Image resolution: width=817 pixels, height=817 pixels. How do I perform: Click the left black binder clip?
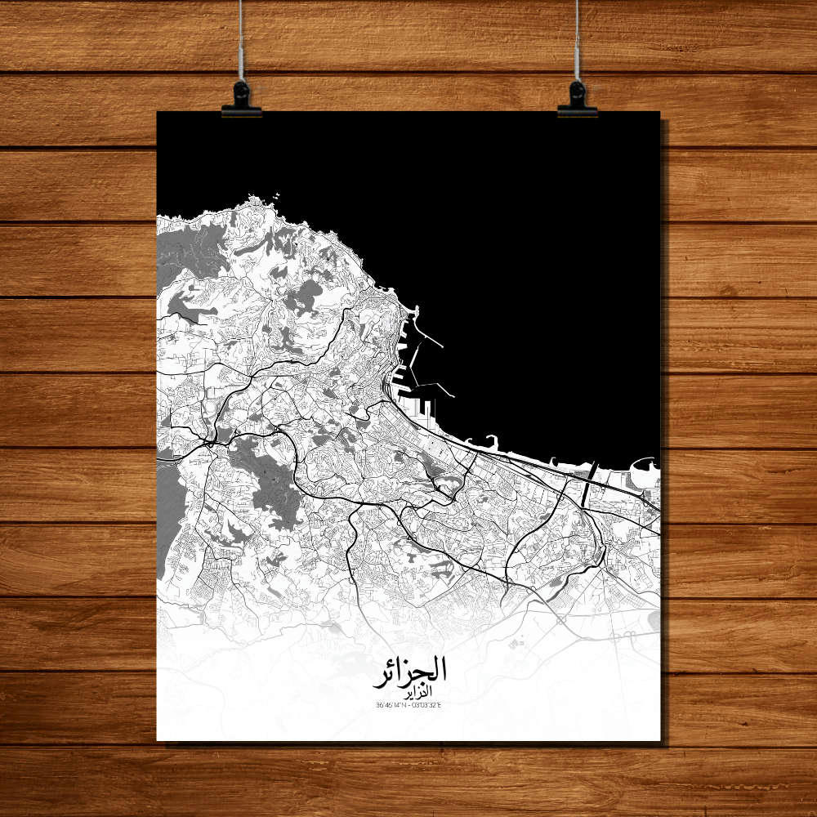(241, 100)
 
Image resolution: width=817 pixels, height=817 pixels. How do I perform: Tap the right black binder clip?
(578, 100)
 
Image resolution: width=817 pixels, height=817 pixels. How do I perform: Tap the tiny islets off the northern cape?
(276, 195)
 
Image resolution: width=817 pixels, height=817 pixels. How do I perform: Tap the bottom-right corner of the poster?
(659, 740)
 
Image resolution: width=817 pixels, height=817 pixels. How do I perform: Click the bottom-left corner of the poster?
(158, 740)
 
